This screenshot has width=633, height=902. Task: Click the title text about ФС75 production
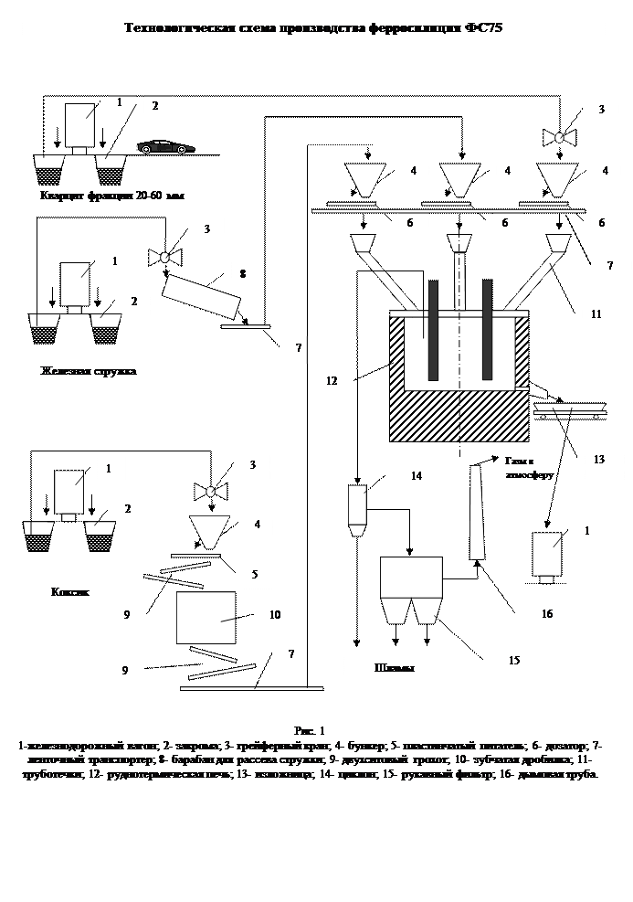[314, 28]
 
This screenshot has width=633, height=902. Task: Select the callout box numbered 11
[601, 321]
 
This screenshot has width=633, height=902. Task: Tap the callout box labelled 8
[244, 274]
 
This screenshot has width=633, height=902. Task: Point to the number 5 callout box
[257, 575]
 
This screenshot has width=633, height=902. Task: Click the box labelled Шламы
[395, 670]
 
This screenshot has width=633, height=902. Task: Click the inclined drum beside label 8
[201, 296]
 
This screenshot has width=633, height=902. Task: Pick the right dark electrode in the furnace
[488, 331]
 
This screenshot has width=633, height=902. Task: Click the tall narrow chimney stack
[476, 512]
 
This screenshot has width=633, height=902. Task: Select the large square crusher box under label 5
[206, 618]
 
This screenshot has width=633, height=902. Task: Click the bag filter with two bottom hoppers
[411, 589]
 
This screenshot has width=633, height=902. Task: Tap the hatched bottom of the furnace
[459, 416]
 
